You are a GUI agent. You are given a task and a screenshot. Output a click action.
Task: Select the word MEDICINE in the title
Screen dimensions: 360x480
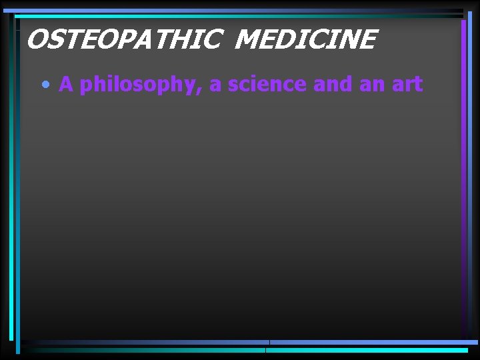pos(306,40)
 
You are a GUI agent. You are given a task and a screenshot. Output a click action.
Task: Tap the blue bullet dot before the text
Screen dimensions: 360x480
pos(45,85)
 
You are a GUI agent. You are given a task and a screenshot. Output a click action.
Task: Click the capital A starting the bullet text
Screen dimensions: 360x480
pos(66,85)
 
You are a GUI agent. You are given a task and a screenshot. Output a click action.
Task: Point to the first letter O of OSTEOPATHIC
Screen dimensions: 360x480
pos(37,40)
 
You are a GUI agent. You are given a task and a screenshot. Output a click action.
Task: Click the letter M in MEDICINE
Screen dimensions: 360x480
pos(248,40)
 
